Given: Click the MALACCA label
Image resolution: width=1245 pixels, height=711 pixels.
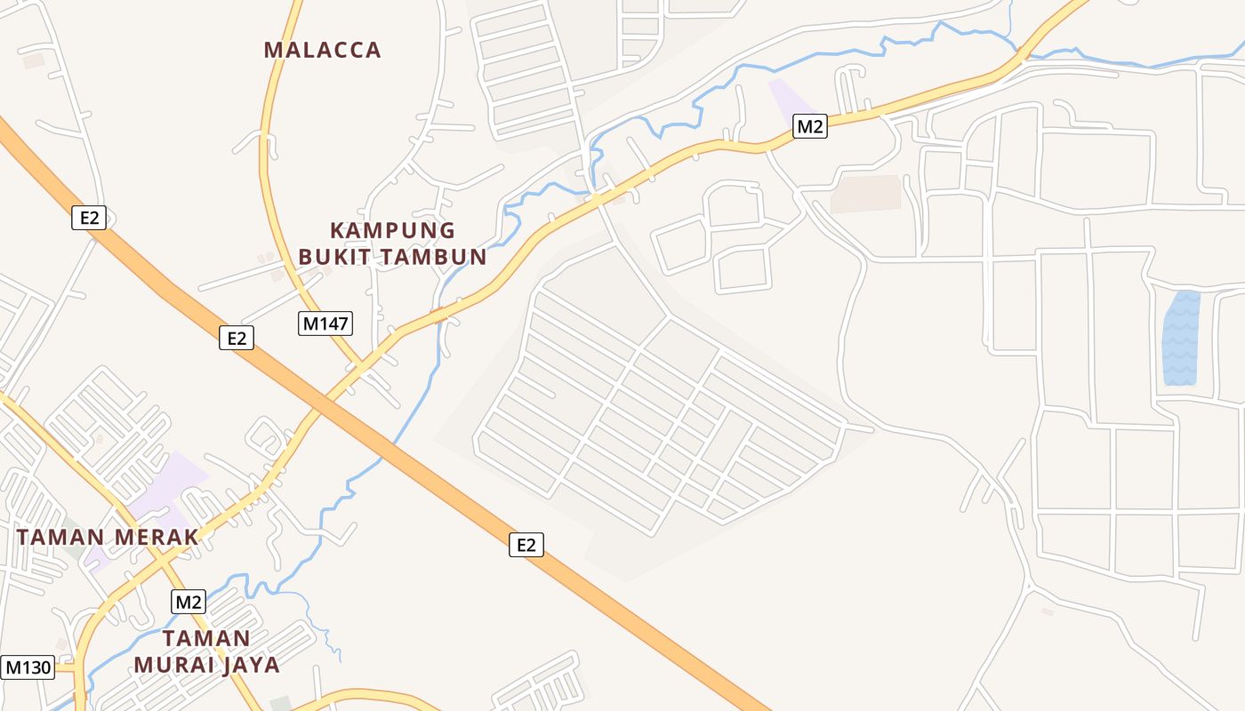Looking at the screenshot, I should (x=322, y=50).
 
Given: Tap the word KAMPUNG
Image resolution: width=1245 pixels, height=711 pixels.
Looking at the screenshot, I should (x=392, y=231).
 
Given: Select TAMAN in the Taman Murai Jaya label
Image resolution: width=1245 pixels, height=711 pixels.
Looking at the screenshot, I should (x=206, y=638).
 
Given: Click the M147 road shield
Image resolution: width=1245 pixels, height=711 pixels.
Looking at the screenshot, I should (x=325, y=324).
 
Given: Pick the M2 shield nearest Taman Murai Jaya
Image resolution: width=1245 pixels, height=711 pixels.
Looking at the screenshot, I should (x=189, y=602).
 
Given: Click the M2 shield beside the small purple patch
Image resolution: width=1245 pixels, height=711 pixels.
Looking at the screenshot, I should (x=809, y=126).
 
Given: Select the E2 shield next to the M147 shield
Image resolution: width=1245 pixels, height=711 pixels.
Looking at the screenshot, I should (x=237, y=338).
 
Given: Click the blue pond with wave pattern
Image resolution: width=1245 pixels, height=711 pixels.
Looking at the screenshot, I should (x=1180, y=338).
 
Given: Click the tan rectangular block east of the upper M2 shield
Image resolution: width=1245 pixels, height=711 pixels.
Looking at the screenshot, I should (x=865, y=194).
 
